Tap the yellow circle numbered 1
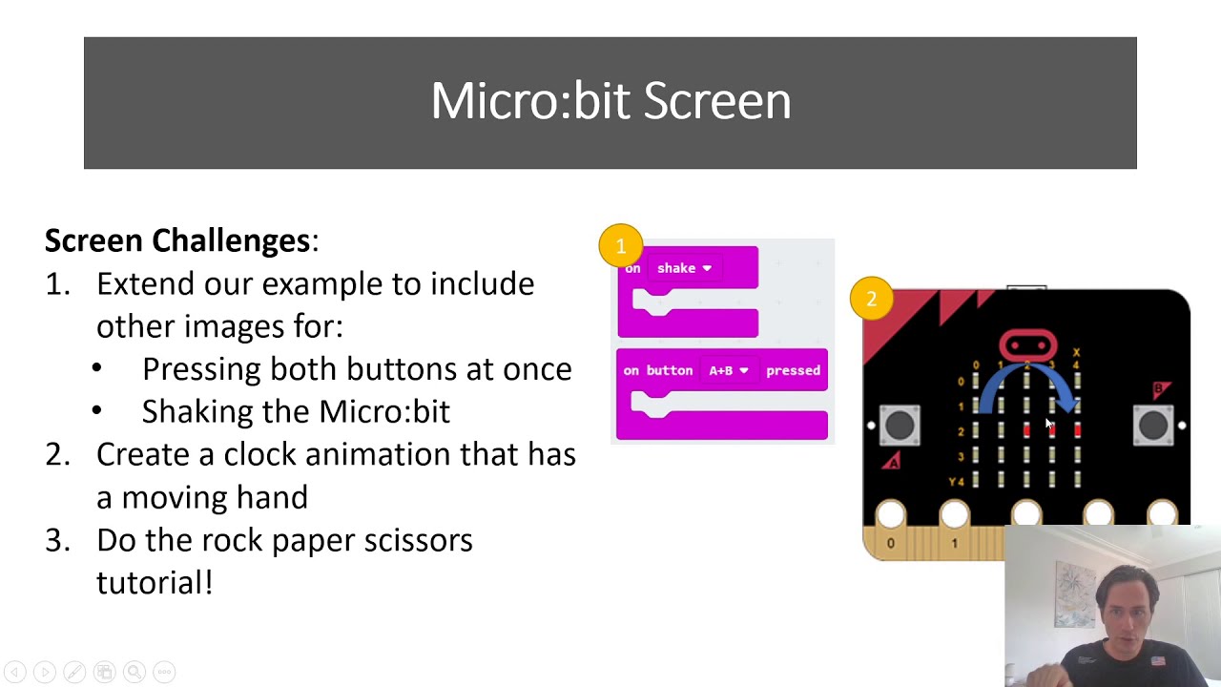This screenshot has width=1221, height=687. tap(620, 246)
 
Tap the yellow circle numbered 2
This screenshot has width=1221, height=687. tap(871, 300)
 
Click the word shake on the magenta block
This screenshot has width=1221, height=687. tap(676, 268)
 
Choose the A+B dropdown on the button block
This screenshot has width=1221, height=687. tap(728, 370)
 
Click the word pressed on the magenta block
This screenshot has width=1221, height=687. tap(793, 370)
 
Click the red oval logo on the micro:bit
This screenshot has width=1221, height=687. tap(1027, 344)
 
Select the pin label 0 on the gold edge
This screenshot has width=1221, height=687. tap(890, 543)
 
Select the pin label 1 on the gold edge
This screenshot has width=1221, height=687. tap(954, 543)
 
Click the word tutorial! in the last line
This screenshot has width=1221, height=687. tap(155, 582)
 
